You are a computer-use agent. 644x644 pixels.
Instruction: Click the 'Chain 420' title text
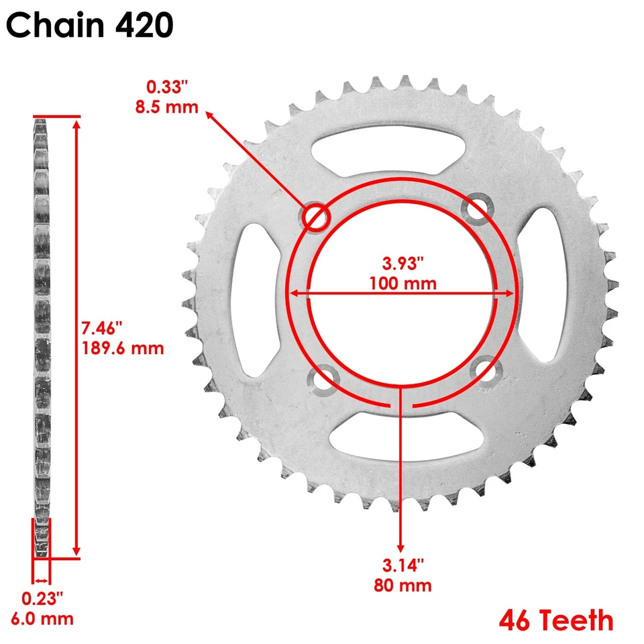coord(90,25)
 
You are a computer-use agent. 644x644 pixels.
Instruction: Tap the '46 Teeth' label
coord(555,620)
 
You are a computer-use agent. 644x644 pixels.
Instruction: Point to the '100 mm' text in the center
coord(402,282)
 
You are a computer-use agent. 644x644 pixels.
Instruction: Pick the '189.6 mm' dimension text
coord(123,348)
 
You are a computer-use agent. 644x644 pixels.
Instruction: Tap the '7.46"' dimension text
coord(103,329)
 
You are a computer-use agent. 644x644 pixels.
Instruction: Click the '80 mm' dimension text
coord(402,585)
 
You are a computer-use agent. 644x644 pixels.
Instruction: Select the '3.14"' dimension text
coord(402,566)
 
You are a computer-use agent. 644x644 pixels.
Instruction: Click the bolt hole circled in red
coord(316,217)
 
